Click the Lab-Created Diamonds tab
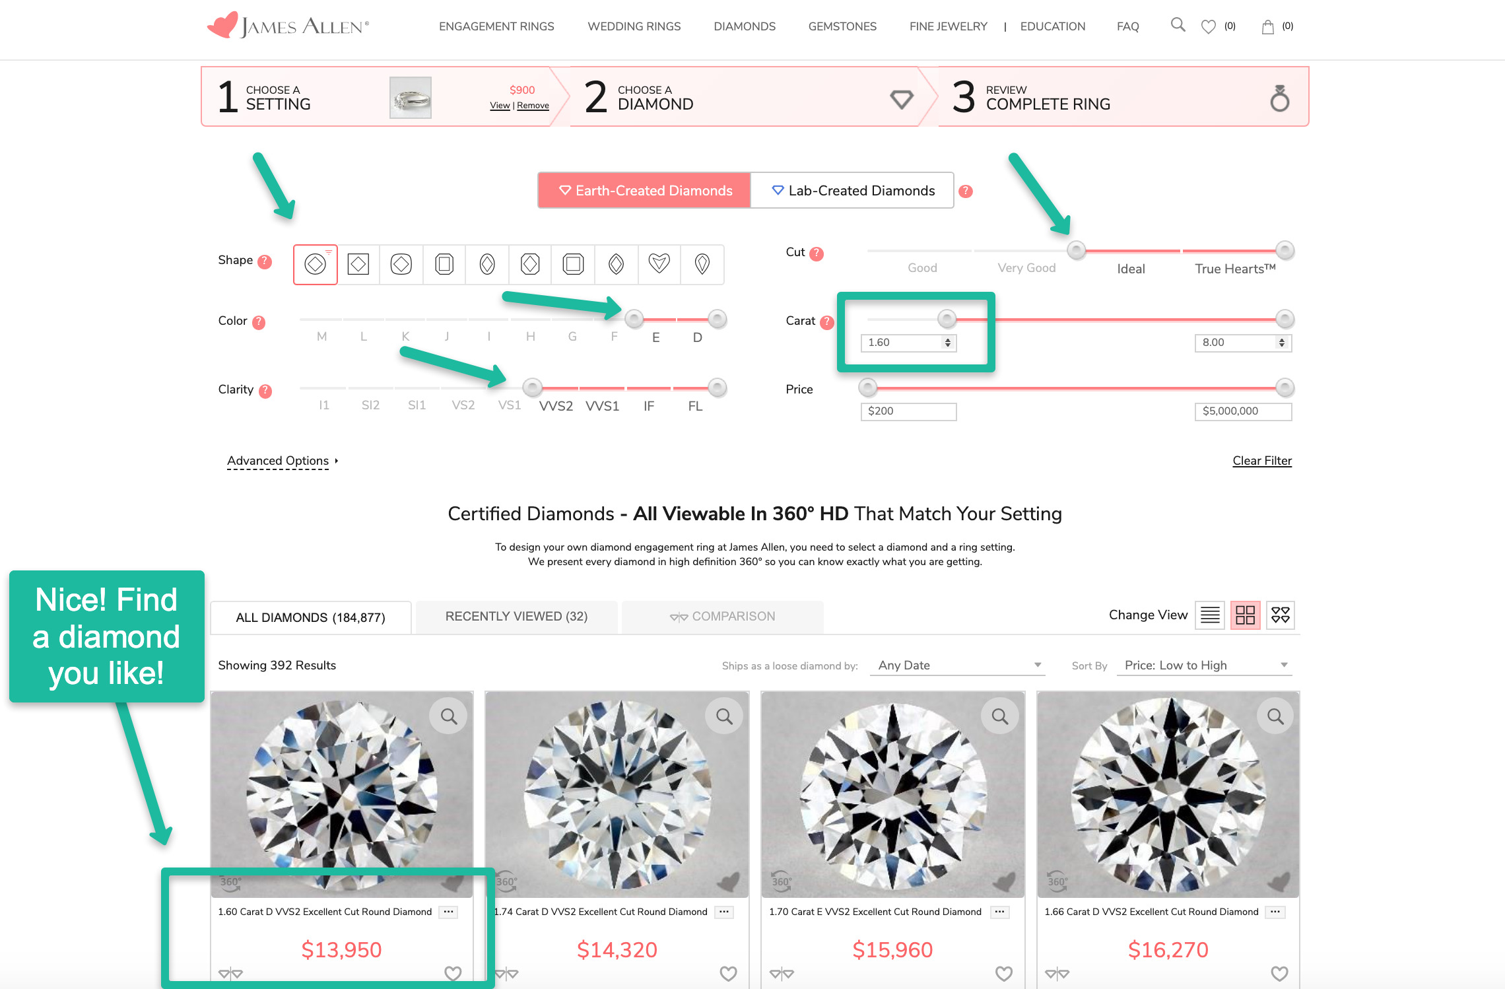pyautogui.click(x=852, y=191)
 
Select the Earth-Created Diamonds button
pyautogui.click(x=645, y=191)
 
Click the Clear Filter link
pyautogui.click(x=1262, y=461)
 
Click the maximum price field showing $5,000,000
pyautogui.click(x=1243, y=411)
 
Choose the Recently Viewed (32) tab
pyautogui.click(x=516, y=617)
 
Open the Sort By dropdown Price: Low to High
pyautogui.click(x=1204, y=665)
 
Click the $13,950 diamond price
pyautogui.click(x=341, y=950)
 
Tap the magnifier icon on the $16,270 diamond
pyautogui.click(x=1275, y=716)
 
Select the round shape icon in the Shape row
pyautogui.click(x=316, y=264)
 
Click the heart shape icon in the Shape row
pyautogui.click(x=659, y=264)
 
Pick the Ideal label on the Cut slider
pyautogui.click(x=1131, y=269)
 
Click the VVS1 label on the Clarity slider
pyautogui.click(x=602, y=406)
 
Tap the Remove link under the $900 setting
pyautogui.click(x=533, y=106)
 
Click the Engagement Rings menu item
pyautogui.click(x=496, y=26)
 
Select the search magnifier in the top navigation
pyautogui.click(x=1178, y=25)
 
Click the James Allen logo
pyautogui.click(x=288, y=26)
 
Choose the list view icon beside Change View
pyautogui.click(x=1210, y=615)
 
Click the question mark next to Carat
pyautogui.click(x=827, y=322)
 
